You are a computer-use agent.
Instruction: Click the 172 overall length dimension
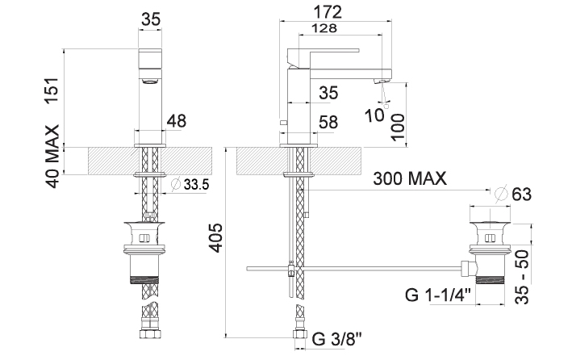pos(328,12)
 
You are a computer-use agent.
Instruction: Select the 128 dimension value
pos(324,28)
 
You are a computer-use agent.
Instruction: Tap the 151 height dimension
pos(52,91)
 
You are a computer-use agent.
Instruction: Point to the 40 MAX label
pos(52,157)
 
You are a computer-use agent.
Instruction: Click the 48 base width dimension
pos(177,121)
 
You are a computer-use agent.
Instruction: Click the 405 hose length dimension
pos(215,237)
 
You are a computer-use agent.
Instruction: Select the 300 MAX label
pos(410,178)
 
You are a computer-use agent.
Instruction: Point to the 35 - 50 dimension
pos(522,277)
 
